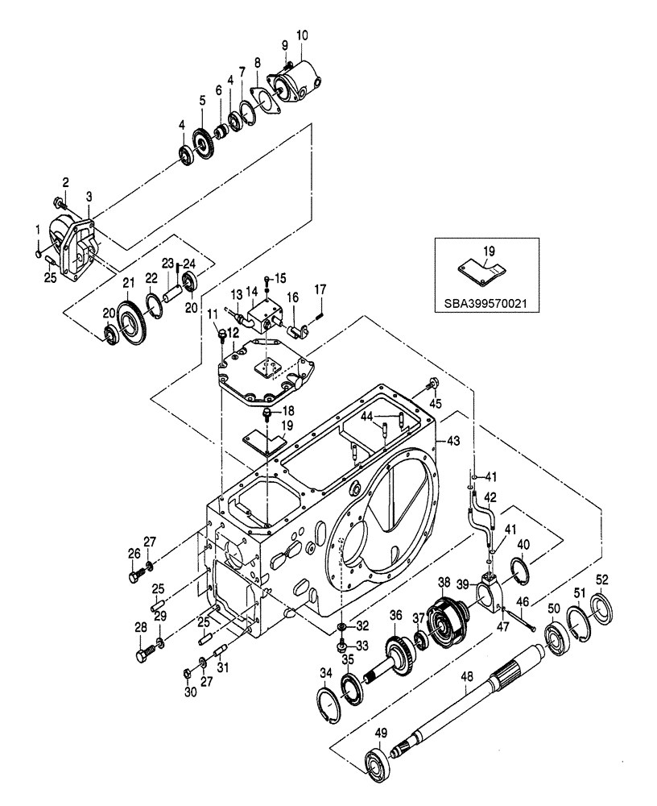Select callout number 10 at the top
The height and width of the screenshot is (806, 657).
(301, 35)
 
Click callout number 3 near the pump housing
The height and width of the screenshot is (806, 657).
(89, 197)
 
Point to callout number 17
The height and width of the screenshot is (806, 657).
(319, 289)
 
